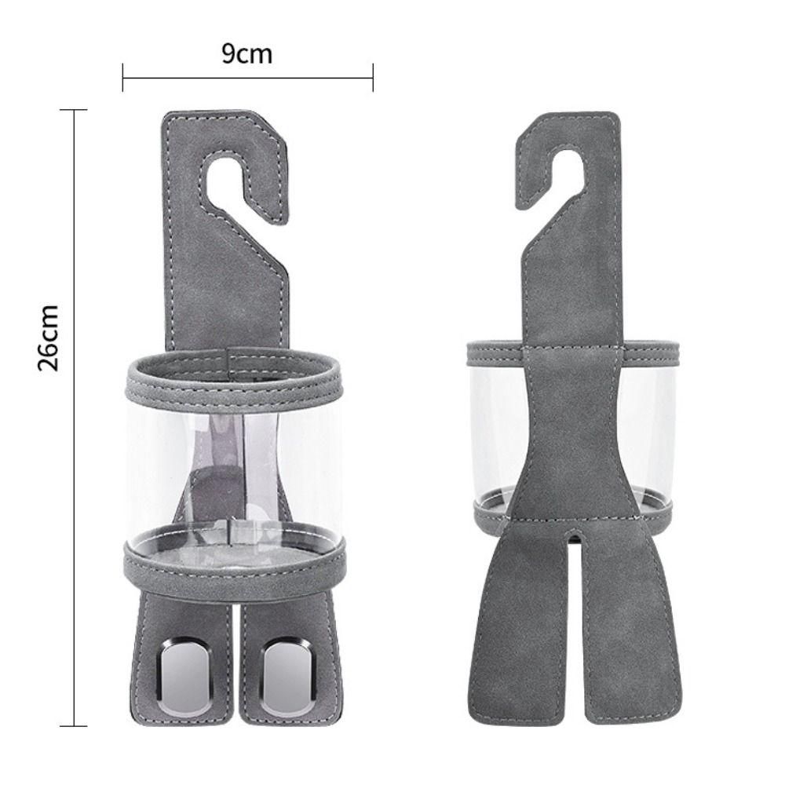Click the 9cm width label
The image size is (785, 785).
(x=247, y=55)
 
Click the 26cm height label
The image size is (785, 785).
(x=49, y=337)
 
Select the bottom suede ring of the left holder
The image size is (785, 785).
(x=234, y=559)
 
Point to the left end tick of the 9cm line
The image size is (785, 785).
(x=123, y=78)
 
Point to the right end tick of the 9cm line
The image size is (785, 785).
(x=372, y=78)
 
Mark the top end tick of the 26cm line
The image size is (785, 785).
(x=75, y=111)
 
